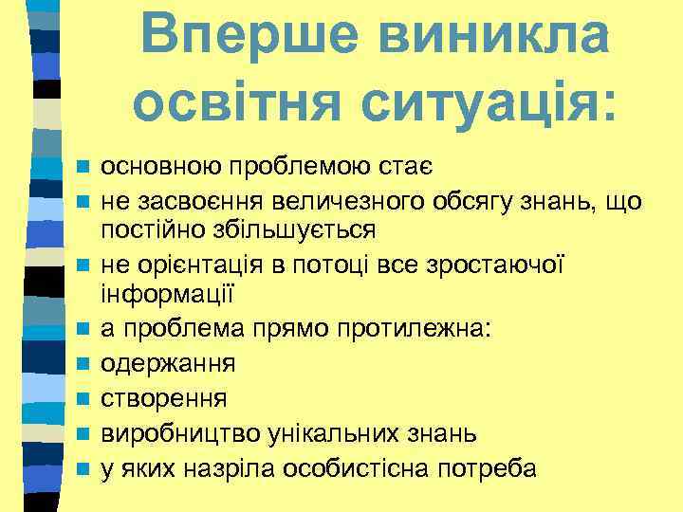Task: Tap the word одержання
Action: pos(169,364)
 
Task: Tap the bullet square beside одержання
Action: pos(83,364)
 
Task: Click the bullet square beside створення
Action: pos(83,399)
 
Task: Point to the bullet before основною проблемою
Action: pos(83,168)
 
